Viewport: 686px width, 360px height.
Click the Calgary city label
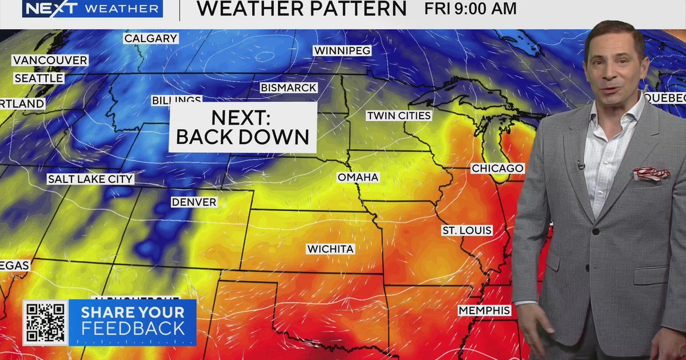(151, 38)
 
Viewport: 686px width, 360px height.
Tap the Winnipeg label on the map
(342, 50)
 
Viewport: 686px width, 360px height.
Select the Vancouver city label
(50, 60)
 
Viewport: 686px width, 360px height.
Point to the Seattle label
(39, 78)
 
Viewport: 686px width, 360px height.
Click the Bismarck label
(289, 88)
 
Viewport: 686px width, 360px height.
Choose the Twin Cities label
(398, 115)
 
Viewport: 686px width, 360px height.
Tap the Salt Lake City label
(90, 179)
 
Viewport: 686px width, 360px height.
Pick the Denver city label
(194, 202)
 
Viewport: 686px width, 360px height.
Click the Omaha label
(358, 177)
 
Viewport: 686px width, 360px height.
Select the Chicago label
(497, 168)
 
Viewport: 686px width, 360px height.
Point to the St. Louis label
(466, 230)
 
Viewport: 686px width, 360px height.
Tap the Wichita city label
(330, 249)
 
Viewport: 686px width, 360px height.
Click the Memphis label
(484, 310)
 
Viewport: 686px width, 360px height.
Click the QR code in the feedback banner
(45, 323)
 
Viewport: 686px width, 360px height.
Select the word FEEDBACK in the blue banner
(133, 329)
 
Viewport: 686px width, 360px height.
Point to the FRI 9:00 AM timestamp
(470, 9)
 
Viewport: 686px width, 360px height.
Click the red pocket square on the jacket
(651, 173)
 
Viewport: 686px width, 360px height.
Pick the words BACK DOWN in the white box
(242, 137)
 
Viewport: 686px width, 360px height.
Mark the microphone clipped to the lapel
(581, 166)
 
